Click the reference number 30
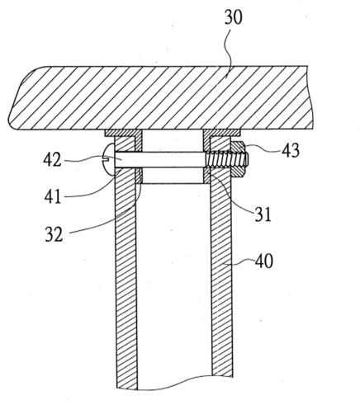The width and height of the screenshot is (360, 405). click(234, 17)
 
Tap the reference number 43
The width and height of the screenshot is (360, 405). click(290, 150)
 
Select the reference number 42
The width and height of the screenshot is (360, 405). click(52, 159)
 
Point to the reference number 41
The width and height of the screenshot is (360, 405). click(53, 196)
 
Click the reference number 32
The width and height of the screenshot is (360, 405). click(54, 234)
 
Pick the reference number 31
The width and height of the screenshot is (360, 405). click(263, 214)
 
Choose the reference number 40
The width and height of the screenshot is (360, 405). click(264, 261)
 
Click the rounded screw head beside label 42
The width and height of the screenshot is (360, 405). click(109, 160)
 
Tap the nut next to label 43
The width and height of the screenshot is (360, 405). click(238, 159)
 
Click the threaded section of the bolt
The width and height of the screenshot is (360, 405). click(228, 160)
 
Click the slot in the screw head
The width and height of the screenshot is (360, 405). click(106, 158)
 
